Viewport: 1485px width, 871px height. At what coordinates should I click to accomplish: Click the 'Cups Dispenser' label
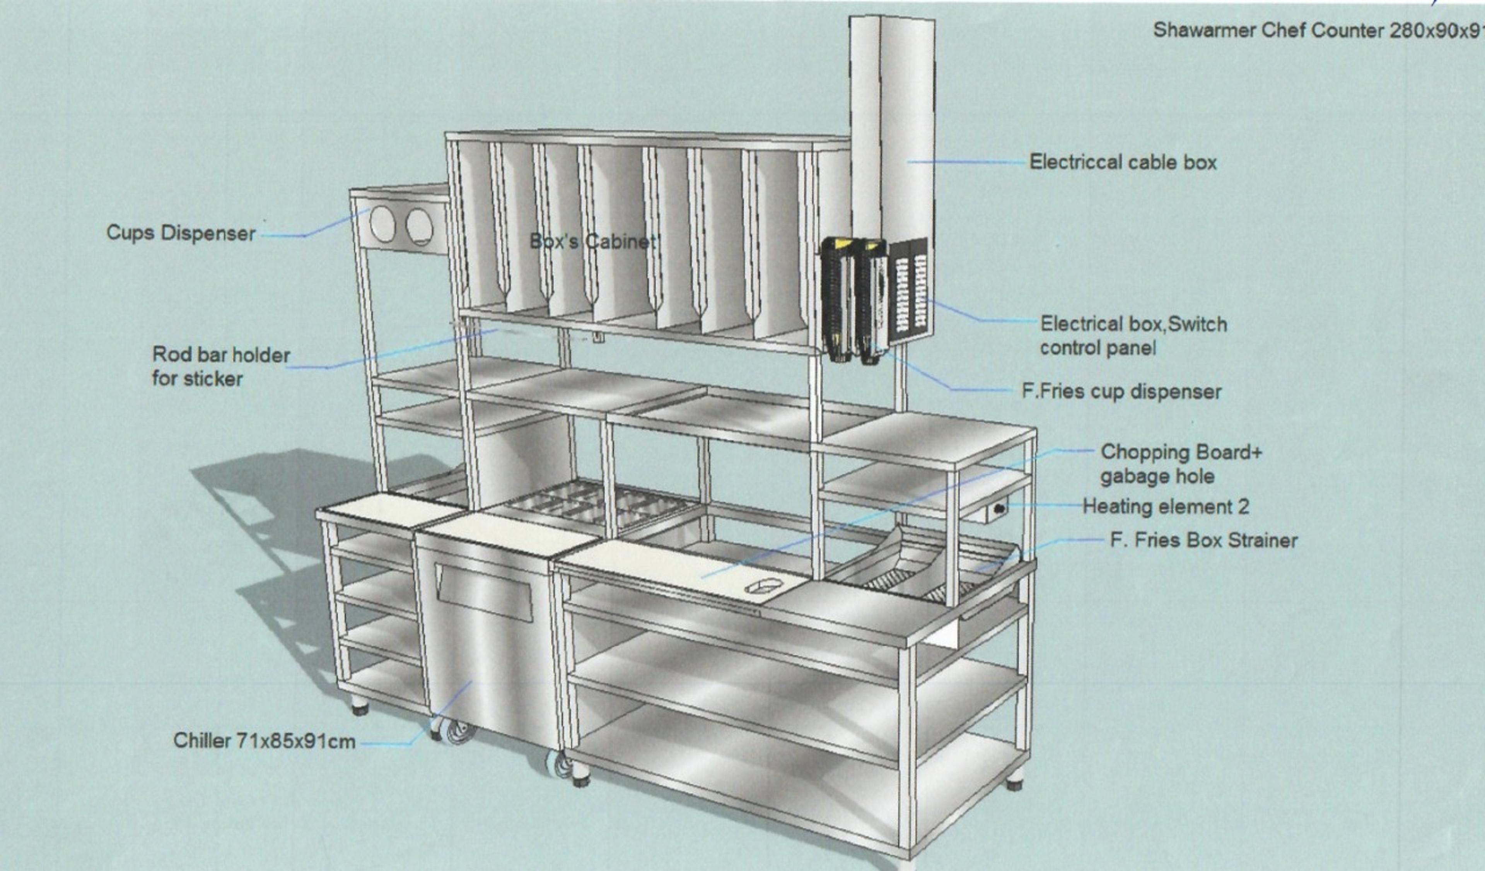pyautogui.click(x=181, y=233)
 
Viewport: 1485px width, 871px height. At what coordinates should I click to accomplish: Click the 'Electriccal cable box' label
pyautogui.click(x=1123, y=162)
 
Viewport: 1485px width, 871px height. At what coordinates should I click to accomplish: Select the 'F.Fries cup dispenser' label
pyautogui.click(x=1121, y=392)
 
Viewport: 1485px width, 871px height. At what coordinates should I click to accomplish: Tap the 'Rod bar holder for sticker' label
pyautogui.click(x=221, y=366)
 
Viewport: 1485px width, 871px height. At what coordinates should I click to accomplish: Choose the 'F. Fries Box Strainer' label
pyautogui.click(x=1203, y=540)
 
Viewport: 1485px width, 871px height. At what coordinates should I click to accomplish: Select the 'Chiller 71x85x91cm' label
pyautogui.click(x=264, y=741)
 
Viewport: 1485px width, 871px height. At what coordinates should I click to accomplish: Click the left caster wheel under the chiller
pyautogui.click(x=459, y=731)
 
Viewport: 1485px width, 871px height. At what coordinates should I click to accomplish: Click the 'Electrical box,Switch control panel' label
pyautogui.click(x=1133, y=336)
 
